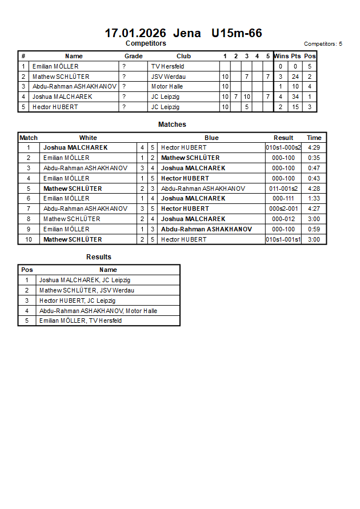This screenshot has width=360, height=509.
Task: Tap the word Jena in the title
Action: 187,33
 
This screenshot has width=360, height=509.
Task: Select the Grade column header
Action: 134,56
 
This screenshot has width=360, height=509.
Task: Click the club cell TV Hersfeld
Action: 167,66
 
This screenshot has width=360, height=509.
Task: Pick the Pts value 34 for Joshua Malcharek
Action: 295,97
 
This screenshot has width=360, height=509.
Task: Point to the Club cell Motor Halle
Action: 167,86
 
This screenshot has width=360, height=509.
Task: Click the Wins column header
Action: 281,56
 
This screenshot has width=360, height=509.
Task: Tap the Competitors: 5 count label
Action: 323,43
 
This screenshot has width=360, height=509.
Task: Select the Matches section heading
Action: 172,124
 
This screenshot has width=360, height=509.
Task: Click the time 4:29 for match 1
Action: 314,147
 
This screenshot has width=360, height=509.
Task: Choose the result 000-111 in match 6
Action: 283,198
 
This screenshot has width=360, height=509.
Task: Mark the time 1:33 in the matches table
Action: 314,198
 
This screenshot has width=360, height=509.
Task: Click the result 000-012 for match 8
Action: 283,219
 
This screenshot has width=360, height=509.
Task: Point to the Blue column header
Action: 211,138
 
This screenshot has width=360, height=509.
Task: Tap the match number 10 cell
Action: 29,239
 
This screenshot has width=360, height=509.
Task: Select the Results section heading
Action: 99,257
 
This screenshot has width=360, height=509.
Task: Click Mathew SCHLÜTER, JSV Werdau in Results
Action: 87,290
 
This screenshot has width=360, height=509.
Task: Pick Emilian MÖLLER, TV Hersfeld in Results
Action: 81,320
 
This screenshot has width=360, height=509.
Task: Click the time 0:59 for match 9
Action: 314,229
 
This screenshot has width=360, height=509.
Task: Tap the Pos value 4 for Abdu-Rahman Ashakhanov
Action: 309,86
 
